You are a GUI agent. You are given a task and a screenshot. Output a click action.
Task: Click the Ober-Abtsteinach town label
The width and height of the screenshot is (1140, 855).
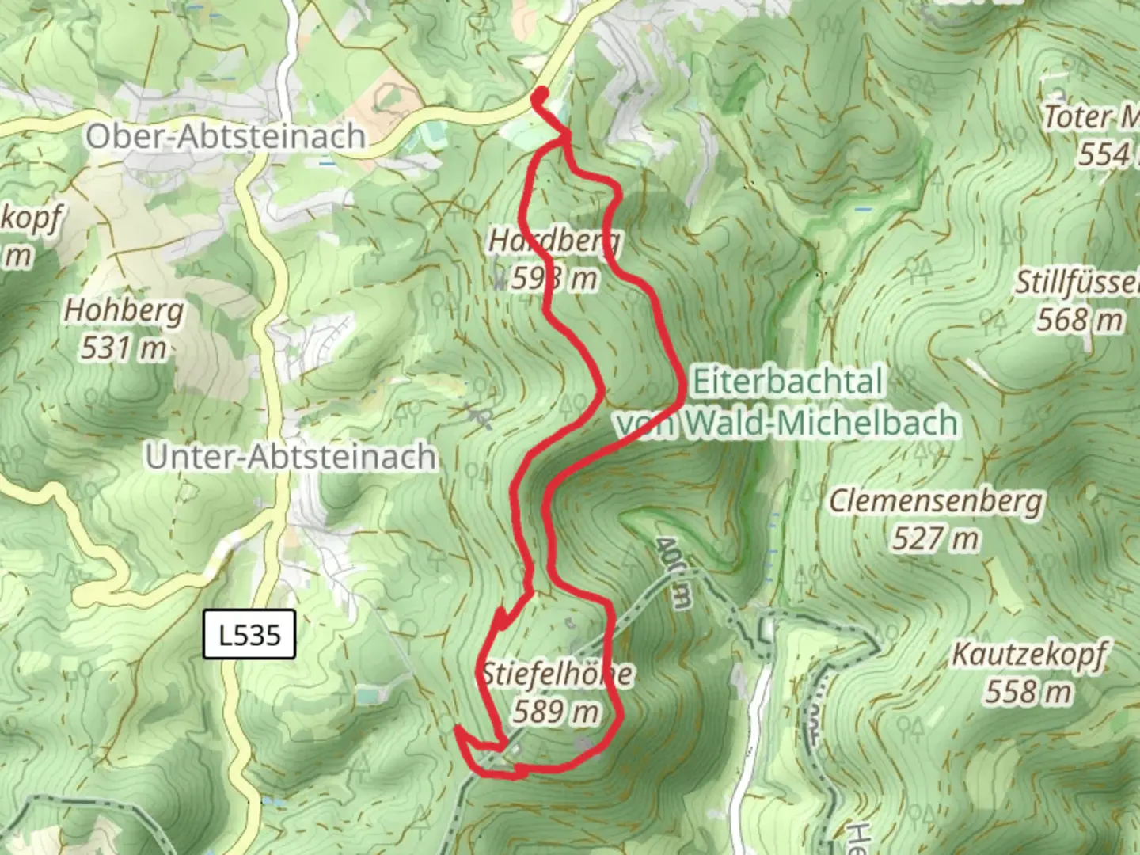point(226,136)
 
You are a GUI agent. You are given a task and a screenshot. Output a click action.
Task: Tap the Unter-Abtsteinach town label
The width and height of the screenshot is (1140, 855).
point(291,457)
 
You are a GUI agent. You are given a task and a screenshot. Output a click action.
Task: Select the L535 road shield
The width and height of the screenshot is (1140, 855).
point(249,634)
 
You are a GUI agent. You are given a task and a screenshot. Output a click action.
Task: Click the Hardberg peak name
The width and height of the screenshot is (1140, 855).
point(554,240)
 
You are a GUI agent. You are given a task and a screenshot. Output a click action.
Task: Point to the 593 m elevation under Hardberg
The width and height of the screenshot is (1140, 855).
point(554,278)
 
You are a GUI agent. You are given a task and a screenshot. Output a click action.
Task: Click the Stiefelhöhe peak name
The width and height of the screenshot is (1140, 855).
point(557,674)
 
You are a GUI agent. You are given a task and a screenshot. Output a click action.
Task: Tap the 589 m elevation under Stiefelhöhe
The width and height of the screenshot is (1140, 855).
point(556,712)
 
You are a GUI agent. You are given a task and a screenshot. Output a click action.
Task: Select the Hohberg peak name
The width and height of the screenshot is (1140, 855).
point(123,310)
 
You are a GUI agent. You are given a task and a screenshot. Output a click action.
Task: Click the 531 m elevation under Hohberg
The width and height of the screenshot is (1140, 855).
point(123,348)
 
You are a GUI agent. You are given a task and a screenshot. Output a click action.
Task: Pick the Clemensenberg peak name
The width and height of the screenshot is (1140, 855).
point(937,501)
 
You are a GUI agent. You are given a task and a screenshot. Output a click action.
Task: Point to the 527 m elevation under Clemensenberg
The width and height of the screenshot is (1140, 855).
point(936,539)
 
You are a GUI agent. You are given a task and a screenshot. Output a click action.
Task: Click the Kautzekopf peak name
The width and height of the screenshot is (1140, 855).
point(1028,655)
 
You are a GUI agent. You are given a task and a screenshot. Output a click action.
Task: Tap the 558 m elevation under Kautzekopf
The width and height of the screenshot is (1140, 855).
point(1028,692)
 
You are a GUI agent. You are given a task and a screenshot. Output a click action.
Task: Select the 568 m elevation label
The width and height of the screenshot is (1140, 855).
point(1080,320)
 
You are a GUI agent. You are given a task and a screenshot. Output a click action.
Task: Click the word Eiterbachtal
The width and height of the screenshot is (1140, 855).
point(787,382)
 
